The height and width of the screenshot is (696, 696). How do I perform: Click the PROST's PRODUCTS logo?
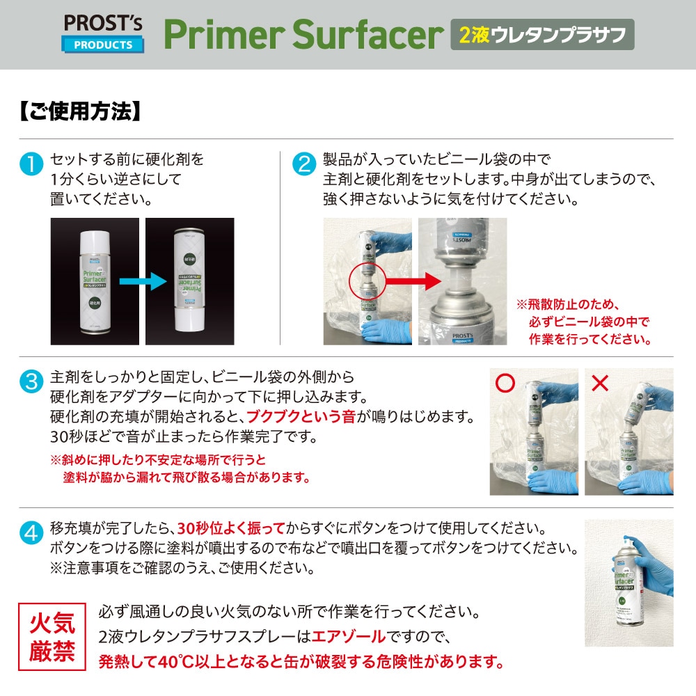click(x=103, y=33)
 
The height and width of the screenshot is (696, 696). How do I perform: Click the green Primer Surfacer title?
click(x=303, y=34)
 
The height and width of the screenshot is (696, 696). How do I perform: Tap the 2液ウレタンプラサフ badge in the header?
click(x=542, y=34)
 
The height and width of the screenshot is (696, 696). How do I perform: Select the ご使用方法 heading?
click(x=80, y=111)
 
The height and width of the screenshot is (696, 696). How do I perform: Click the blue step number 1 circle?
click(x=31, y=164)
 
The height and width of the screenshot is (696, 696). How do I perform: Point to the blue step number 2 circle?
click(x=304, y=164)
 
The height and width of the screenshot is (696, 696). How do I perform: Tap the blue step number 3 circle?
click(x=31, y=381)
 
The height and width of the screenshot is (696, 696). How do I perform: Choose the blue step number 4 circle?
click(x=31, y=532)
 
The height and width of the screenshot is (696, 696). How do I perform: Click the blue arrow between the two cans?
click(x=143, y=281)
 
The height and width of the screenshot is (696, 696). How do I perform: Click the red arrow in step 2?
click(x=413, y=280)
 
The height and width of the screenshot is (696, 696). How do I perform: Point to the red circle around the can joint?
click(x=367, y=281)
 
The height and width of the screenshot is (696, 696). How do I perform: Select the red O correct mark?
click(x=505, y=383)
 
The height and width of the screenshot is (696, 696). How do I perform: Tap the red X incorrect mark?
click(x=600, y=383)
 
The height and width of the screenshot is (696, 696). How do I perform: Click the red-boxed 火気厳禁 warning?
click(x=52, y=637)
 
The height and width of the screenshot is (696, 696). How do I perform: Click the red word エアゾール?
click(x=349, y=637)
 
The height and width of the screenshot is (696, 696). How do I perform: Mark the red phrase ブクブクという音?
click(x=301, y=416)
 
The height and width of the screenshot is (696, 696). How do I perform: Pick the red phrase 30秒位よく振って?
click(x=231, y=528)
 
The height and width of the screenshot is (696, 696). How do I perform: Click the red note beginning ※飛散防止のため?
click(x=584, y=322)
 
